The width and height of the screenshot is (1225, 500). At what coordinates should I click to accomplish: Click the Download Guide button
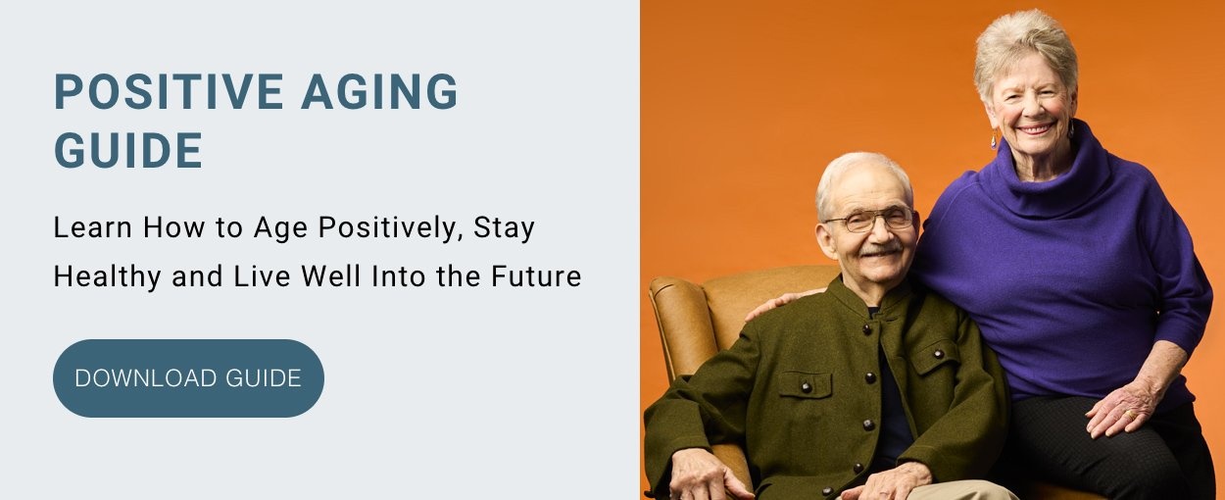188,378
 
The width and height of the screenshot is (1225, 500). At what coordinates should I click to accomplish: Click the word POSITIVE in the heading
169,92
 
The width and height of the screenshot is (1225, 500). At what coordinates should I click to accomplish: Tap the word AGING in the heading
379,92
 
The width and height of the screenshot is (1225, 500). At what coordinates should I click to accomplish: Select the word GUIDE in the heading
128,150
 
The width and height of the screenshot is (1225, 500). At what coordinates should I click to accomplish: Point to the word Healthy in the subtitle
107,276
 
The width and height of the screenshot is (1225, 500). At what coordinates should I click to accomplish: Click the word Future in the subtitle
536,275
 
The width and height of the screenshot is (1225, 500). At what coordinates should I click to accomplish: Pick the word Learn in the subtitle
92,227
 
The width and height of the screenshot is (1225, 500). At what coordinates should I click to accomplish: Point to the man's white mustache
880,249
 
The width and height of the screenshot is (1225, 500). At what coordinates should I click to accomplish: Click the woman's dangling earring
994,140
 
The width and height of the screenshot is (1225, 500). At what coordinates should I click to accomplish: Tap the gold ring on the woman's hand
1132,415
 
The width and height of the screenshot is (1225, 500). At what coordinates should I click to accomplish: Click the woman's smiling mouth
1035,129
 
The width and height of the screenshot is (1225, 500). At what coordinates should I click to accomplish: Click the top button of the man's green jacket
866,329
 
